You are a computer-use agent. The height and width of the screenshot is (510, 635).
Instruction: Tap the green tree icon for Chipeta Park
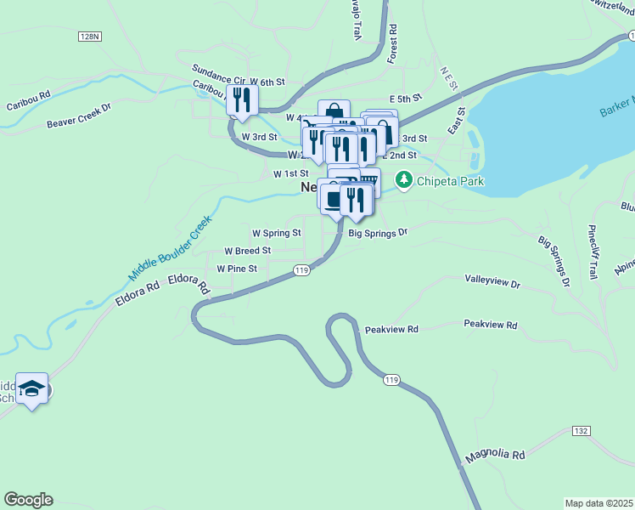coord(404,179)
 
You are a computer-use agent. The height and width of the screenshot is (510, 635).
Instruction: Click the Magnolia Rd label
coord(495,456)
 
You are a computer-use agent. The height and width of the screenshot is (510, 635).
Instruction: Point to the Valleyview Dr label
coord(492,279)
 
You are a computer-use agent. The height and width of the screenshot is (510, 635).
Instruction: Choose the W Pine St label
coord(237,269)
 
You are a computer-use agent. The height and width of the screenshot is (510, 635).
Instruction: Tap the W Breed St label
coord(247,251)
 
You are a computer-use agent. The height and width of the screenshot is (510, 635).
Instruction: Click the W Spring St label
coord(277,232)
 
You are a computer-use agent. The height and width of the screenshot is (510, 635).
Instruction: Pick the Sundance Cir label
coord(218,70)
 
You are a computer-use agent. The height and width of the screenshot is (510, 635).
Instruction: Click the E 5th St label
coord(405,99)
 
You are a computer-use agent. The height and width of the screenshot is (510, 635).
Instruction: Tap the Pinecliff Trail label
coord(593,252)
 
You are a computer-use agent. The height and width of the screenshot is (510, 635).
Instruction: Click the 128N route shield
coord(88,37)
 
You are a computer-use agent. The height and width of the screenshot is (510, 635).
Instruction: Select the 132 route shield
coord(581,431)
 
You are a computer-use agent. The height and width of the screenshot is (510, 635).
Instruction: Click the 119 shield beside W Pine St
coord(301,269)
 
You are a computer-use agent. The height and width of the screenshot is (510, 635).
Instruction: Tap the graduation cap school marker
coord(32,389)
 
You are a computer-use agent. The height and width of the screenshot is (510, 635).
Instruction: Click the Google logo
coord(28,500)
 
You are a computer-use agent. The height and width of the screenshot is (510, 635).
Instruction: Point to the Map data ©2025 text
coord(598,502)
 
